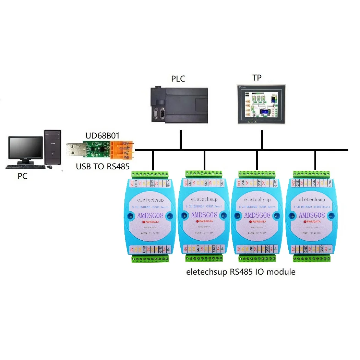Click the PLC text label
(178, 79)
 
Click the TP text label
(257, 78)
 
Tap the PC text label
(23, 176)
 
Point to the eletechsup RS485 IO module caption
(240, 272)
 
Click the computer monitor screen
(26, 149)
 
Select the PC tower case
(53, 148)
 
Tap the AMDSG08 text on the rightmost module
(311, 215)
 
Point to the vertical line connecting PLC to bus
(180, 140)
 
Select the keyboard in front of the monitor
(26, 167)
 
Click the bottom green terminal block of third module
(258, 257)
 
